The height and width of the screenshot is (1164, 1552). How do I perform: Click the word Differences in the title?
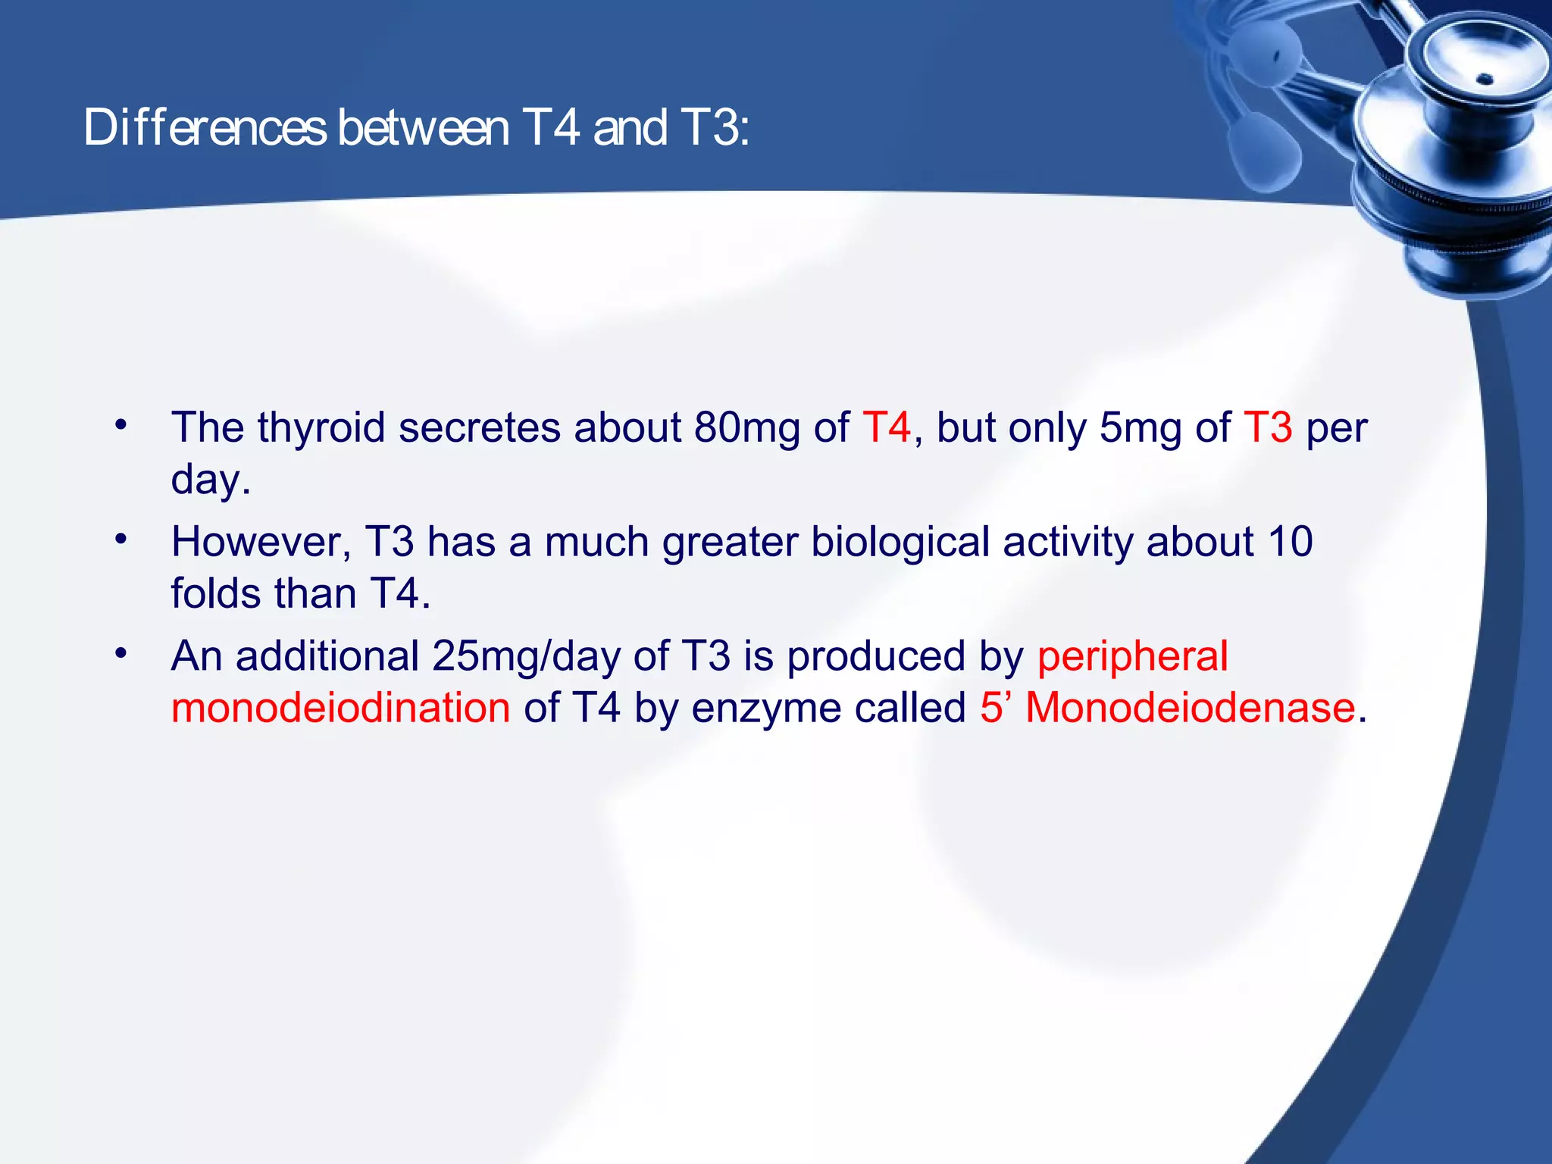(x=205, y=127)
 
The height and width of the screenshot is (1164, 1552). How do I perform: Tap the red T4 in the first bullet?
(x=886, y=427)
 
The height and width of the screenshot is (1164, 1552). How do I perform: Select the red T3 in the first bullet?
(x=1268, y=427)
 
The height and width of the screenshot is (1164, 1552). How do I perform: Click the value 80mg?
(x=746, y=427)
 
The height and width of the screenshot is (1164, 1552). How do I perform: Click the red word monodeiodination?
(x=340, y=709)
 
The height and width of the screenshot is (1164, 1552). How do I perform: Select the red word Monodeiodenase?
(x=1190, y=709)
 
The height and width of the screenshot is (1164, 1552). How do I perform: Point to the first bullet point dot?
(x=120, y=425)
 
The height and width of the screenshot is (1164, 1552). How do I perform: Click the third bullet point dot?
(x=120, y=653)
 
